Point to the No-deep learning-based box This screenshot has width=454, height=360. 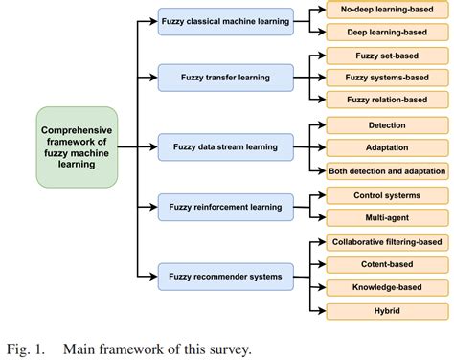tap(386, 10)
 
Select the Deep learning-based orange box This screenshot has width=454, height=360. tap(386, 32)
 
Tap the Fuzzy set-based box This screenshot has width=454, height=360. tap(386, 55)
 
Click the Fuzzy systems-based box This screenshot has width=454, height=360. tap(386, 77)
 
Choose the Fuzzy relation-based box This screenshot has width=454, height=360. tap(386, 99)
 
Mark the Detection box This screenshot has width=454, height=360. tap(386, 125)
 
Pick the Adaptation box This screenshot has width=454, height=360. tap(386, 148)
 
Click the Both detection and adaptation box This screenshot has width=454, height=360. tap(386, 170)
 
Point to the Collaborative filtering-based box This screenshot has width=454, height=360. tap(386, 241)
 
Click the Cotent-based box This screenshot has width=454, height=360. tap(386, 263)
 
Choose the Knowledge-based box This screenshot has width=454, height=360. tap(386, 286)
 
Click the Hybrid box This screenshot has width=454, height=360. tap(386, 309)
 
